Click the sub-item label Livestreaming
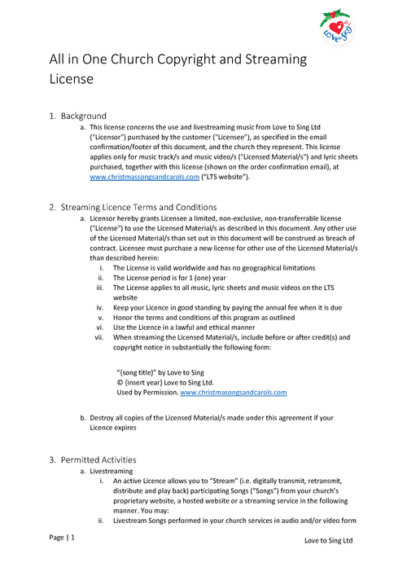coord(113,472)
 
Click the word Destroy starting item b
coord(103,418)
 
